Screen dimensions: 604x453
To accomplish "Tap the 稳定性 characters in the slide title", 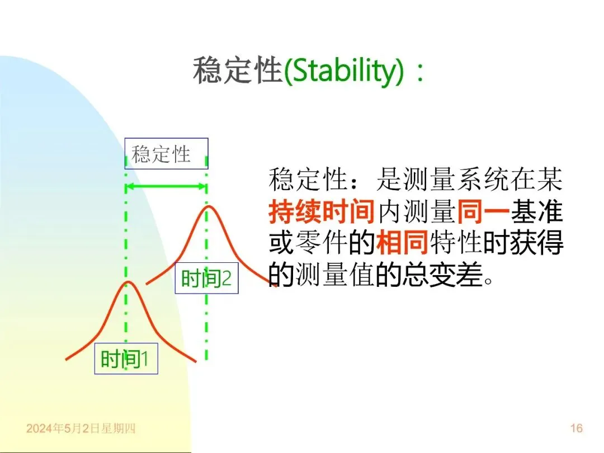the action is pyautogui.click(x=238, y=70).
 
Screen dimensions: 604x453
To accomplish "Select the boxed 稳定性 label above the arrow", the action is pyautogui.click(x=167, y=154).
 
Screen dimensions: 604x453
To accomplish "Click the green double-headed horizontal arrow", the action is pyautogui.click(x=167, y=187).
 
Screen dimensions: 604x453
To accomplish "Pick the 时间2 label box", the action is pyautogui.click(x=206, y=278).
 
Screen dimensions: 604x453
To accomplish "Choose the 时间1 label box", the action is pyautogui.click(x=126, y=358).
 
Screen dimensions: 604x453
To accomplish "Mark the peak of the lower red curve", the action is pyautogui.click(x=128, y=282).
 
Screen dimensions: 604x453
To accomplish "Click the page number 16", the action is pyautogui.click(x=576, y=428).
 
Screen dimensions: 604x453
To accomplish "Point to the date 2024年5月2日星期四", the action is pyautogui.click(x=81, y=428).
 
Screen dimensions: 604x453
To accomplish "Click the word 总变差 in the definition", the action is pyautogui.click(x=442, y=274).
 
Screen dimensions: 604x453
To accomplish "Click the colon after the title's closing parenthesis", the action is pyautogui.click(x=420, y=72).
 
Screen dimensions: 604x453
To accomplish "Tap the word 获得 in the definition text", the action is pyautogui.click(x=536, y=243).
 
